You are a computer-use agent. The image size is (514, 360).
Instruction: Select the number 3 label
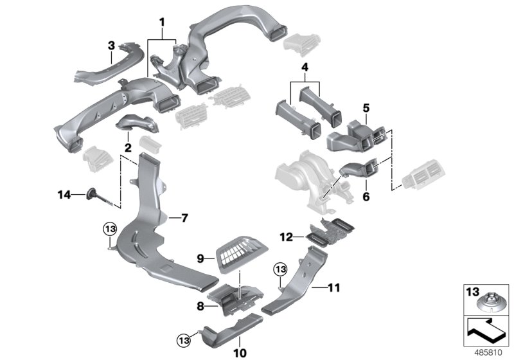coord(111,46)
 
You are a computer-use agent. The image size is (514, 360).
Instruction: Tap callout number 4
coord(305,66)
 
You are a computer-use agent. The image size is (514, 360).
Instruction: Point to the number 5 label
coord(366,108)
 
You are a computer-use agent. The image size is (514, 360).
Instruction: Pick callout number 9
coord(200,258)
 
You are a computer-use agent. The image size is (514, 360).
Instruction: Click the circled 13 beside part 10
coord(182,336)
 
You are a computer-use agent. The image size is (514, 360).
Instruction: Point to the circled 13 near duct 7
coord(109,228)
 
